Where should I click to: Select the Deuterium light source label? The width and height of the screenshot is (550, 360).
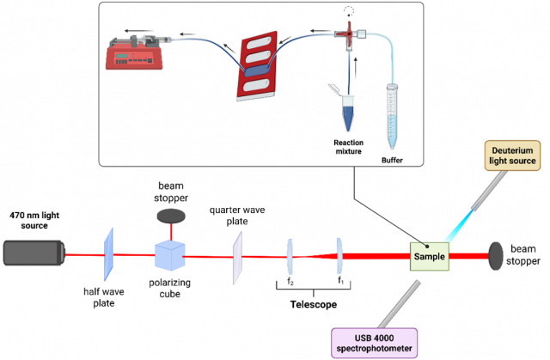click(x=514, y=155)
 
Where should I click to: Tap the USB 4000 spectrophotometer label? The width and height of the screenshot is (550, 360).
click(x=374, y=343)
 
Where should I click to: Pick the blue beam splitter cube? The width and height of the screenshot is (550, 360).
click(x=169, y=255)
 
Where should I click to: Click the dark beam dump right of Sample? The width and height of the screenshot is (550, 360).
click(x=498, y=255)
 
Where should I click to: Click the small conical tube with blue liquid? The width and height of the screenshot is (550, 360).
click(x=348, y=113)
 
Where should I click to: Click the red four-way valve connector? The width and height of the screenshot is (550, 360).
click(x=348, y=35)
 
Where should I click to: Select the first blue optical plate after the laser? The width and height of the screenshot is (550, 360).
click(x=108, y=254)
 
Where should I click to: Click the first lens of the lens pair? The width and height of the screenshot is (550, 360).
click(x=290, y=255)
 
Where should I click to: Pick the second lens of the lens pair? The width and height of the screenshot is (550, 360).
click(x=339, y=255)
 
